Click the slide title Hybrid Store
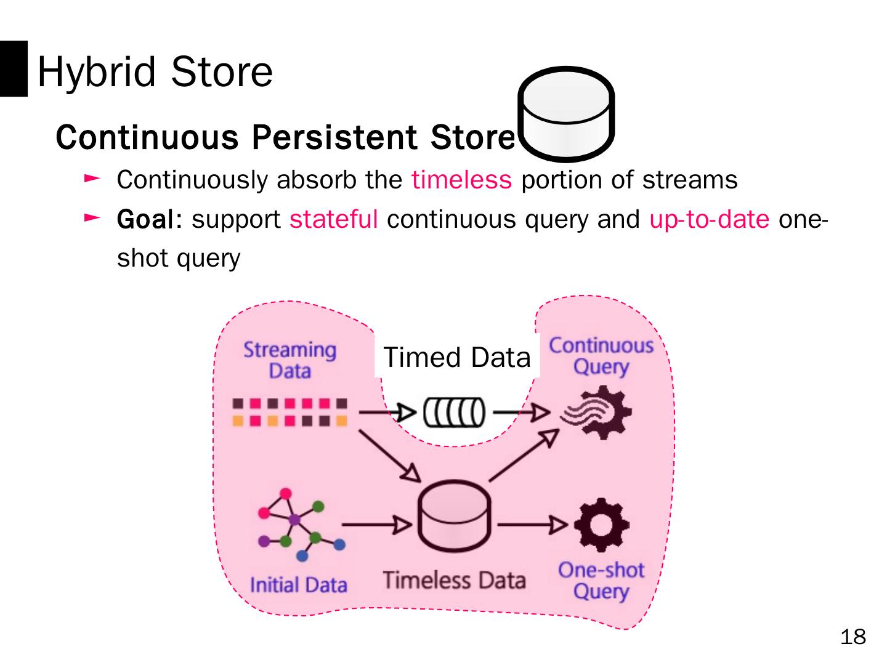[x=155, y=71]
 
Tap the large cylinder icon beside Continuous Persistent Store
[x=566, y=114]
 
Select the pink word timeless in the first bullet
[x=461, y=180]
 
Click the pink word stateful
[x=333, y=219]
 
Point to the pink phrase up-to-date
[x=709, y=219]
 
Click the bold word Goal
[x=146, y=219]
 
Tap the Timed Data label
[x=456, y=357]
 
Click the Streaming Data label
[x=290, y=360]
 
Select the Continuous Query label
[x=601, y=356]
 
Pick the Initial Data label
[x=299, y=584]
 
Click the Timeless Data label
[x=454, y=580]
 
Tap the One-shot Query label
[x=601, y=581]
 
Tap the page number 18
[x=853, y=637]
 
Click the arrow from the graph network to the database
[x=376, y=525]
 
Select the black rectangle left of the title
[x=14, y=68]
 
